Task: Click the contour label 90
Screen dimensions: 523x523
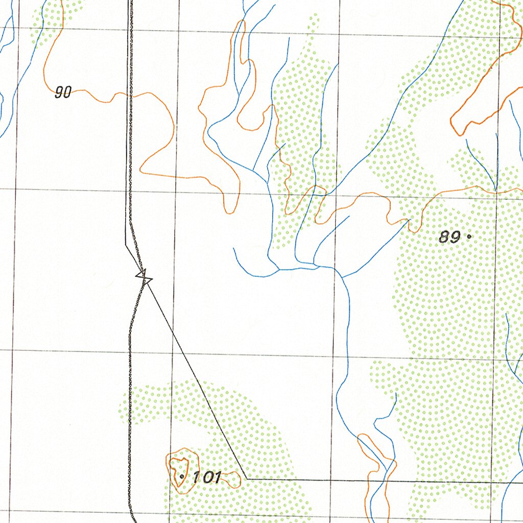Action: pos(63,92)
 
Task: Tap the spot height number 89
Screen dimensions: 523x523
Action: pos(449,237)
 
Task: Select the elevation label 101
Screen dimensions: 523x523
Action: pos(206,478)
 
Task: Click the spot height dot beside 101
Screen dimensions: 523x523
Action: pos(182,476)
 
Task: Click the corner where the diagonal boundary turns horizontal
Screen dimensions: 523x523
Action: pos(246,479)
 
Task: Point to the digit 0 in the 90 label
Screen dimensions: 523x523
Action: pos(67,92)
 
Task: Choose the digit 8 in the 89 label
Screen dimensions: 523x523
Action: pos(444,237)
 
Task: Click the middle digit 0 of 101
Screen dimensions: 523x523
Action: pos(207,478)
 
